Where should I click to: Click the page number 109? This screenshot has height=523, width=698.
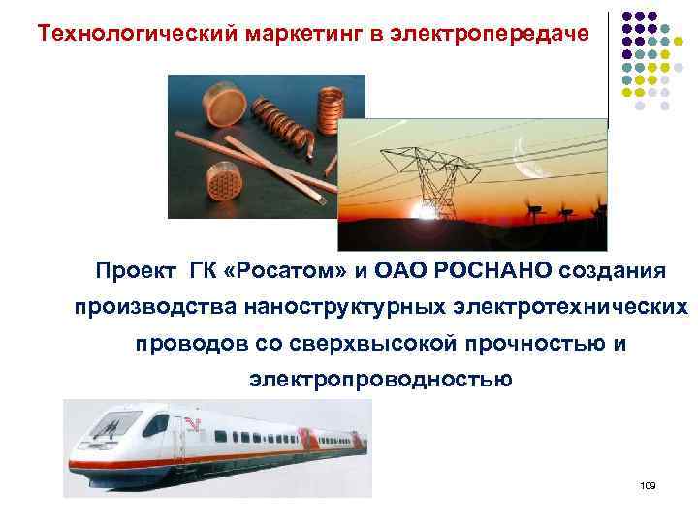pyautogui.click(x=649, y=483)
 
